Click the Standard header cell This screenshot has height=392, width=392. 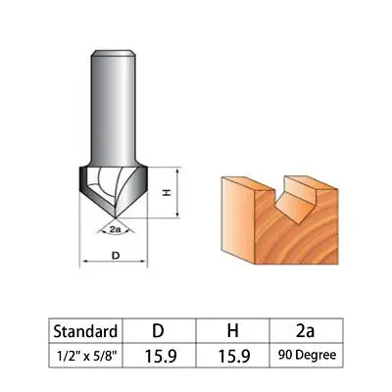pos(85,331)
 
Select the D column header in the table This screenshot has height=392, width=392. pos(159,331)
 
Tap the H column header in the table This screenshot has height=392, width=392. pos(232,331)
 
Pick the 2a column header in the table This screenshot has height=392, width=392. pos(306,331)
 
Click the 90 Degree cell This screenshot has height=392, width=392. pos(306,356)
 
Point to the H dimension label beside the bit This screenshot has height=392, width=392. pos(167,193)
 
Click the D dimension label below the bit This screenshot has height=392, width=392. pos(116,256)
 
